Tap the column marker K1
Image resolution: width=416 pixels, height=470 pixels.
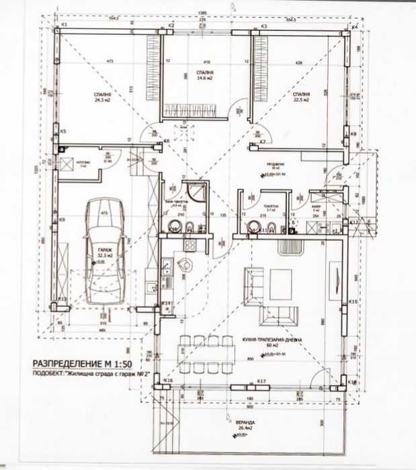point(65,25)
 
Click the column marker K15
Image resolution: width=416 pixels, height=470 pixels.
point(352,303)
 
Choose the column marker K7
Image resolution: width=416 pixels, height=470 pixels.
point(263,143)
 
